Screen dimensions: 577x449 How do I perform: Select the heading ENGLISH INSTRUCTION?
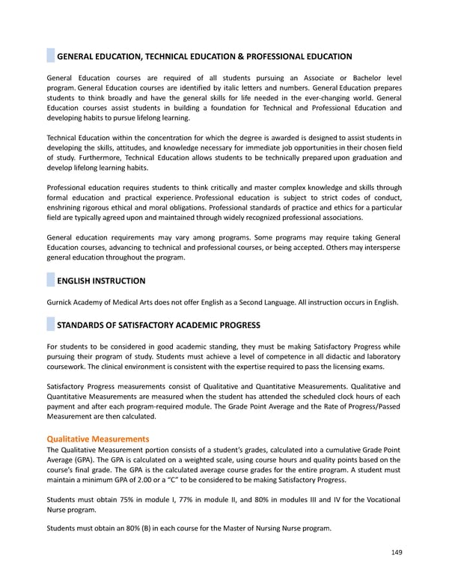coord(101,281)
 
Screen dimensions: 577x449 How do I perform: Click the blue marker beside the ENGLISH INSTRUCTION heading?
coord(50,281)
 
